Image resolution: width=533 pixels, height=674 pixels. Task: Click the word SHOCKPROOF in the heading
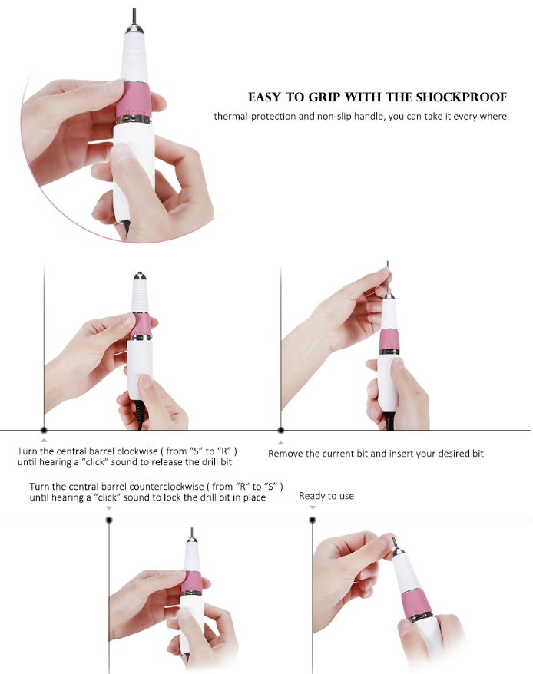pos(461,97)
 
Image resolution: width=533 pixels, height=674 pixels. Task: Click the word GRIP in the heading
pos(324,97)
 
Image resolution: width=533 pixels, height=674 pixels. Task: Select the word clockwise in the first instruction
pos(137,451)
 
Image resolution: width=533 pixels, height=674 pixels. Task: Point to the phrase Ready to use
pos(326,496)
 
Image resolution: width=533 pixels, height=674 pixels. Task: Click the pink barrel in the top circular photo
pos(134,100)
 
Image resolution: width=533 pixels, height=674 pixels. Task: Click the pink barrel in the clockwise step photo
pos(141,325)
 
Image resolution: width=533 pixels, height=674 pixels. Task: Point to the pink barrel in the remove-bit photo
pos(389,340)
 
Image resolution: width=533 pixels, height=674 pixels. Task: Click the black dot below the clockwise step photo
pos(44,430)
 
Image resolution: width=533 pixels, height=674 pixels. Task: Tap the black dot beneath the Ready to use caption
pos(313,520)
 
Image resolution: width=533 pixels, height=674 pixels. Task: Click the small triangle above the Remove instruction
pos(281,443)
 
